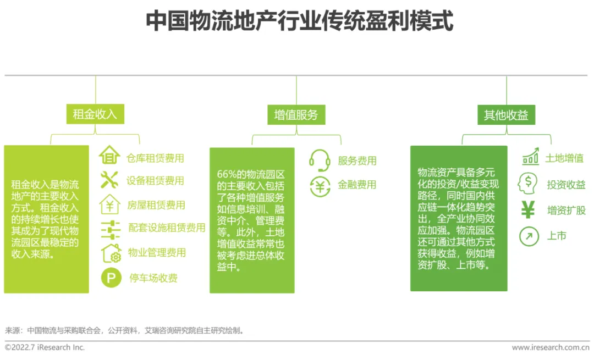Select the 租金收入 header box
click(x=95, y=114)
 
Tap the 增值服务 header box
click(x=296, y=114)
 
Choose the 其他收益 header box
click(x=506, y=114)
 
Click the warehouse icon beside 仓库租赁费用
click(x=110, y=156)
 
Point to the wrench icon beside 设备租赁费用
click(x=110, y=180)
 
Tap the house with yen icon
click(x=110, y=204)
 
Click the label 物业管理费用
click(x=157, y=253)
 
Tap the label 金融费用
click(x=357, y=185)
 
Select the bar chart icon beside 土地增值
click(x=530, y=157)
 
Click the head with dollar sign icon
click(x=528, y=183)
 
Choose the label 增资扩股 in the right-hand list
click(x=566, y=211)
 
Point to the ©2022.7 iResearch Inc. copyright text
click(x=45, y=347)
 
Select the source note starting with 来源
click(x=124, y=331)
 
